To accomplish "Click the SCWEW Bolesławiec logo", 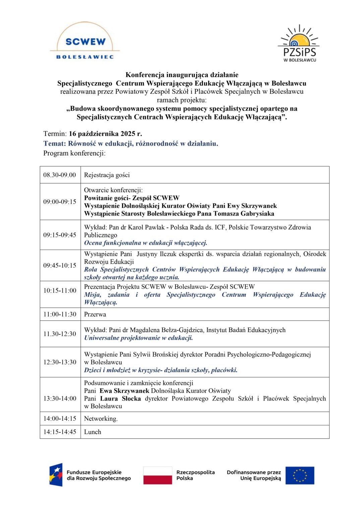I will coord(85,42).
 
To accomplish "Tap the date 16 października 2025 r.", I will coord(105,134).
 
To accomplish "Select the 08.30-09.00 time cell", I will coord(60,175).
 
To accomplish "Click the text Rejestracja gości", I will coord(107,175).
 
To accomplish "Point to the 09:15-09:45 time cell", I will coord(60,235).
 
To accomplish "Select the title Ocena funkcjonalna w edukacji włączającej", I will coord(145,243).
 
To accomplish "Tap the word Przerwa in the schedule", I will coord(95,314).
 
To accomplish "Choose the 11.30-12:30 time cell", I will coord(60,334).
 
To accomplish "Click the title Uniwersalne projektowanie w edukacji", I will coord(138,338).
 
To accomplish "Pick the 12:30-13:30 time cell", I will coord(60,362).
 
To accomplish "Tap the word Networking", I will coord(101,419).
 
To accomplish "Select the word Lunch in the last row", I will coord(93,432).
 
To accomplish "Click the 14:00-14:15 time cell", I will coord(60,419).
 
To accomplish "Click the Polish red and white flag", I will coord(158,476).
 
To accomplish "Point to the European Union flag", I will coord(300,476).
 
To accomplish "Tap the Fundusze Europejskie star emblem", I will coord(56,475).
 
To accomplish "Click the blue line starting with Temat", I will coord(131,144).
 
